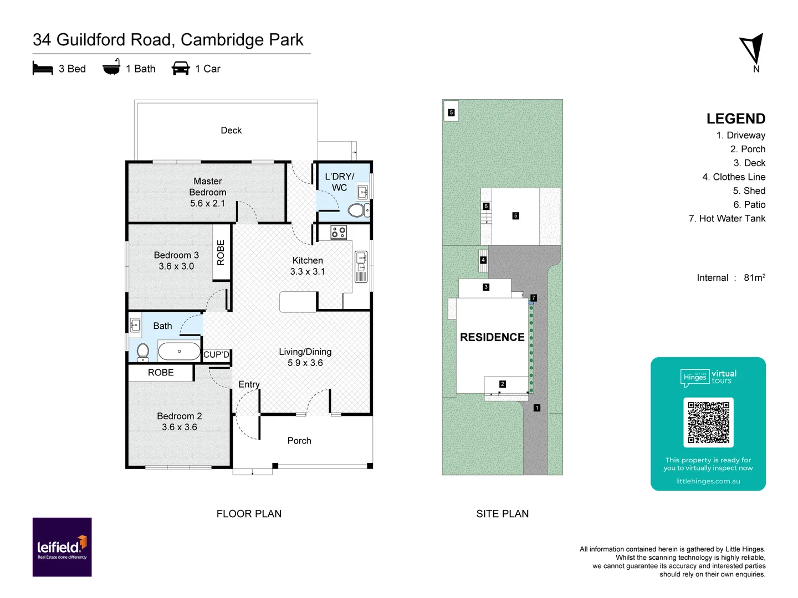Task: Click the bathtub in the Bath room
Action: point(179,351)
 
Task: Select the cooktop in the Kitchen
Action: point(339,233)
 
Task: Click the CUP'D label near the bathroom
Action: point(216,354)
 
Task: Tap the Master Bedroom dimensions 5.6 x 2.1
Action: point(207,203)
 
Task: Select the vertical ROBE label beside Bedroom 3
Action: point(221,252)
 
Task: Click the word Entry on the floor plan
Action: point(249,384)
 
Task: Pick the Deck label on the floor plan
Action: point(231,130)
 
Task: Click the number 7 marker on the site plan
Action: point(534,298)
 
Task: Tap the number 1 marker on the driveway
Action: point(536,408)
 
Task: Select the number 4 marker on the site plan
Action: point(483,260)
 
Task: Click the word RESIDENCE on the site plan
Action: point(492,337)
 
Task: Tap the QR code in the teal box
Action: point(708,422)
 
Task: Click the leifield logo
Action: point(62,547)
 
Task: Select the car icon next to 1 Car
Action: point(181,69)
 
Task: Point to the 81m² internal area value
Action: point(754,277)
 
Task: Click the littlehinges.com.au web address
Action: point(708,481)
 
